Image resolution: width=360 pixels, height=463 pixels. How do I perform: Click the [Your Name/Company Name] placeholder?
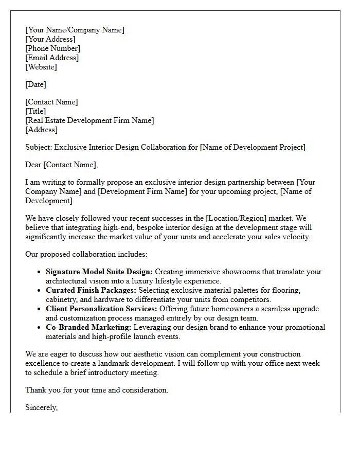pos(75,30)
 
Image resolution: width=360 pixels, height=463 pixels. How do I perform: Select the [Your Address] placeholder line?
pos(50,39)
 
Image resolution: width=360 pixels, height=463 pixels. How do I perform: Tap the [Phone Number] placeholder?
pos(52,48)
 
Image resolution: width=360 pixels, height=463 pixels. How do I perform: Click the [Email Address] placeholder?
pos(52,58)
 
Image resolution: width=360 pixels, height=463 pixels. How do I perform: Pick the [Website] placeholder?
pos(41,67)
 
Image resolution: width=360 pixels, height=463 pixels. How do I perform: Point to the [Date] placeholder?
pos(35,84)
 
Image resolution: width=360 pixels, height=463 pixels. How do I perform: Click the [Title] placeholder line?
pos(35,111)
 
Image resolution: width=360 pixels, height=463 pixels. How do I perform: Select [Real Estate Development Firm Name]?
pos(89,120)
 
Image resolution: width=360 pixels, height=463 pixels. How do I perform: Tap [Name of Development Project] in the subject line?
pos(253,147)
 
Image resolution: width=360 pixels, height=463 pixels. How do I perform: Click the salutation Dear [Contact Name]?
pos(61,165)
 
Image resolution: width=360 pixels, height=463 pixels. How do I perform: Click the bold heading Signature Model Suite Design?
pos(99,272)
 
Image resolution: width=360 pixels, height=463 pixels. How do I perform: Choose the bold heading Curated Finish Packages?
pos(91,290)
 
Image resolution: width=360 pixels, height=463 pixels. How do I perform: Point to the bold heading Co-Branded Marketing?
pos(88,327)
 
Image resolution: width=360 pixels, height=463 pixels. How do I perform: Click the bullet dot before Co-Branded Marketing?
pos(40,328)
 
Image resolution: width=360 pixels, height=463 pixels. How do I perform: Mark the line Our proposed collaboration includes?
pos(86,254)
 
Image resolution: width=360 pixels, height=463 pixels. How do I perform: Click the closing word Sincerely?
pos(42,407)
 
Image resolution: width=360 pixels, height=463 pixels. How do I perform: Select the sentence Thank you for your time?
pos(97,390)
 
